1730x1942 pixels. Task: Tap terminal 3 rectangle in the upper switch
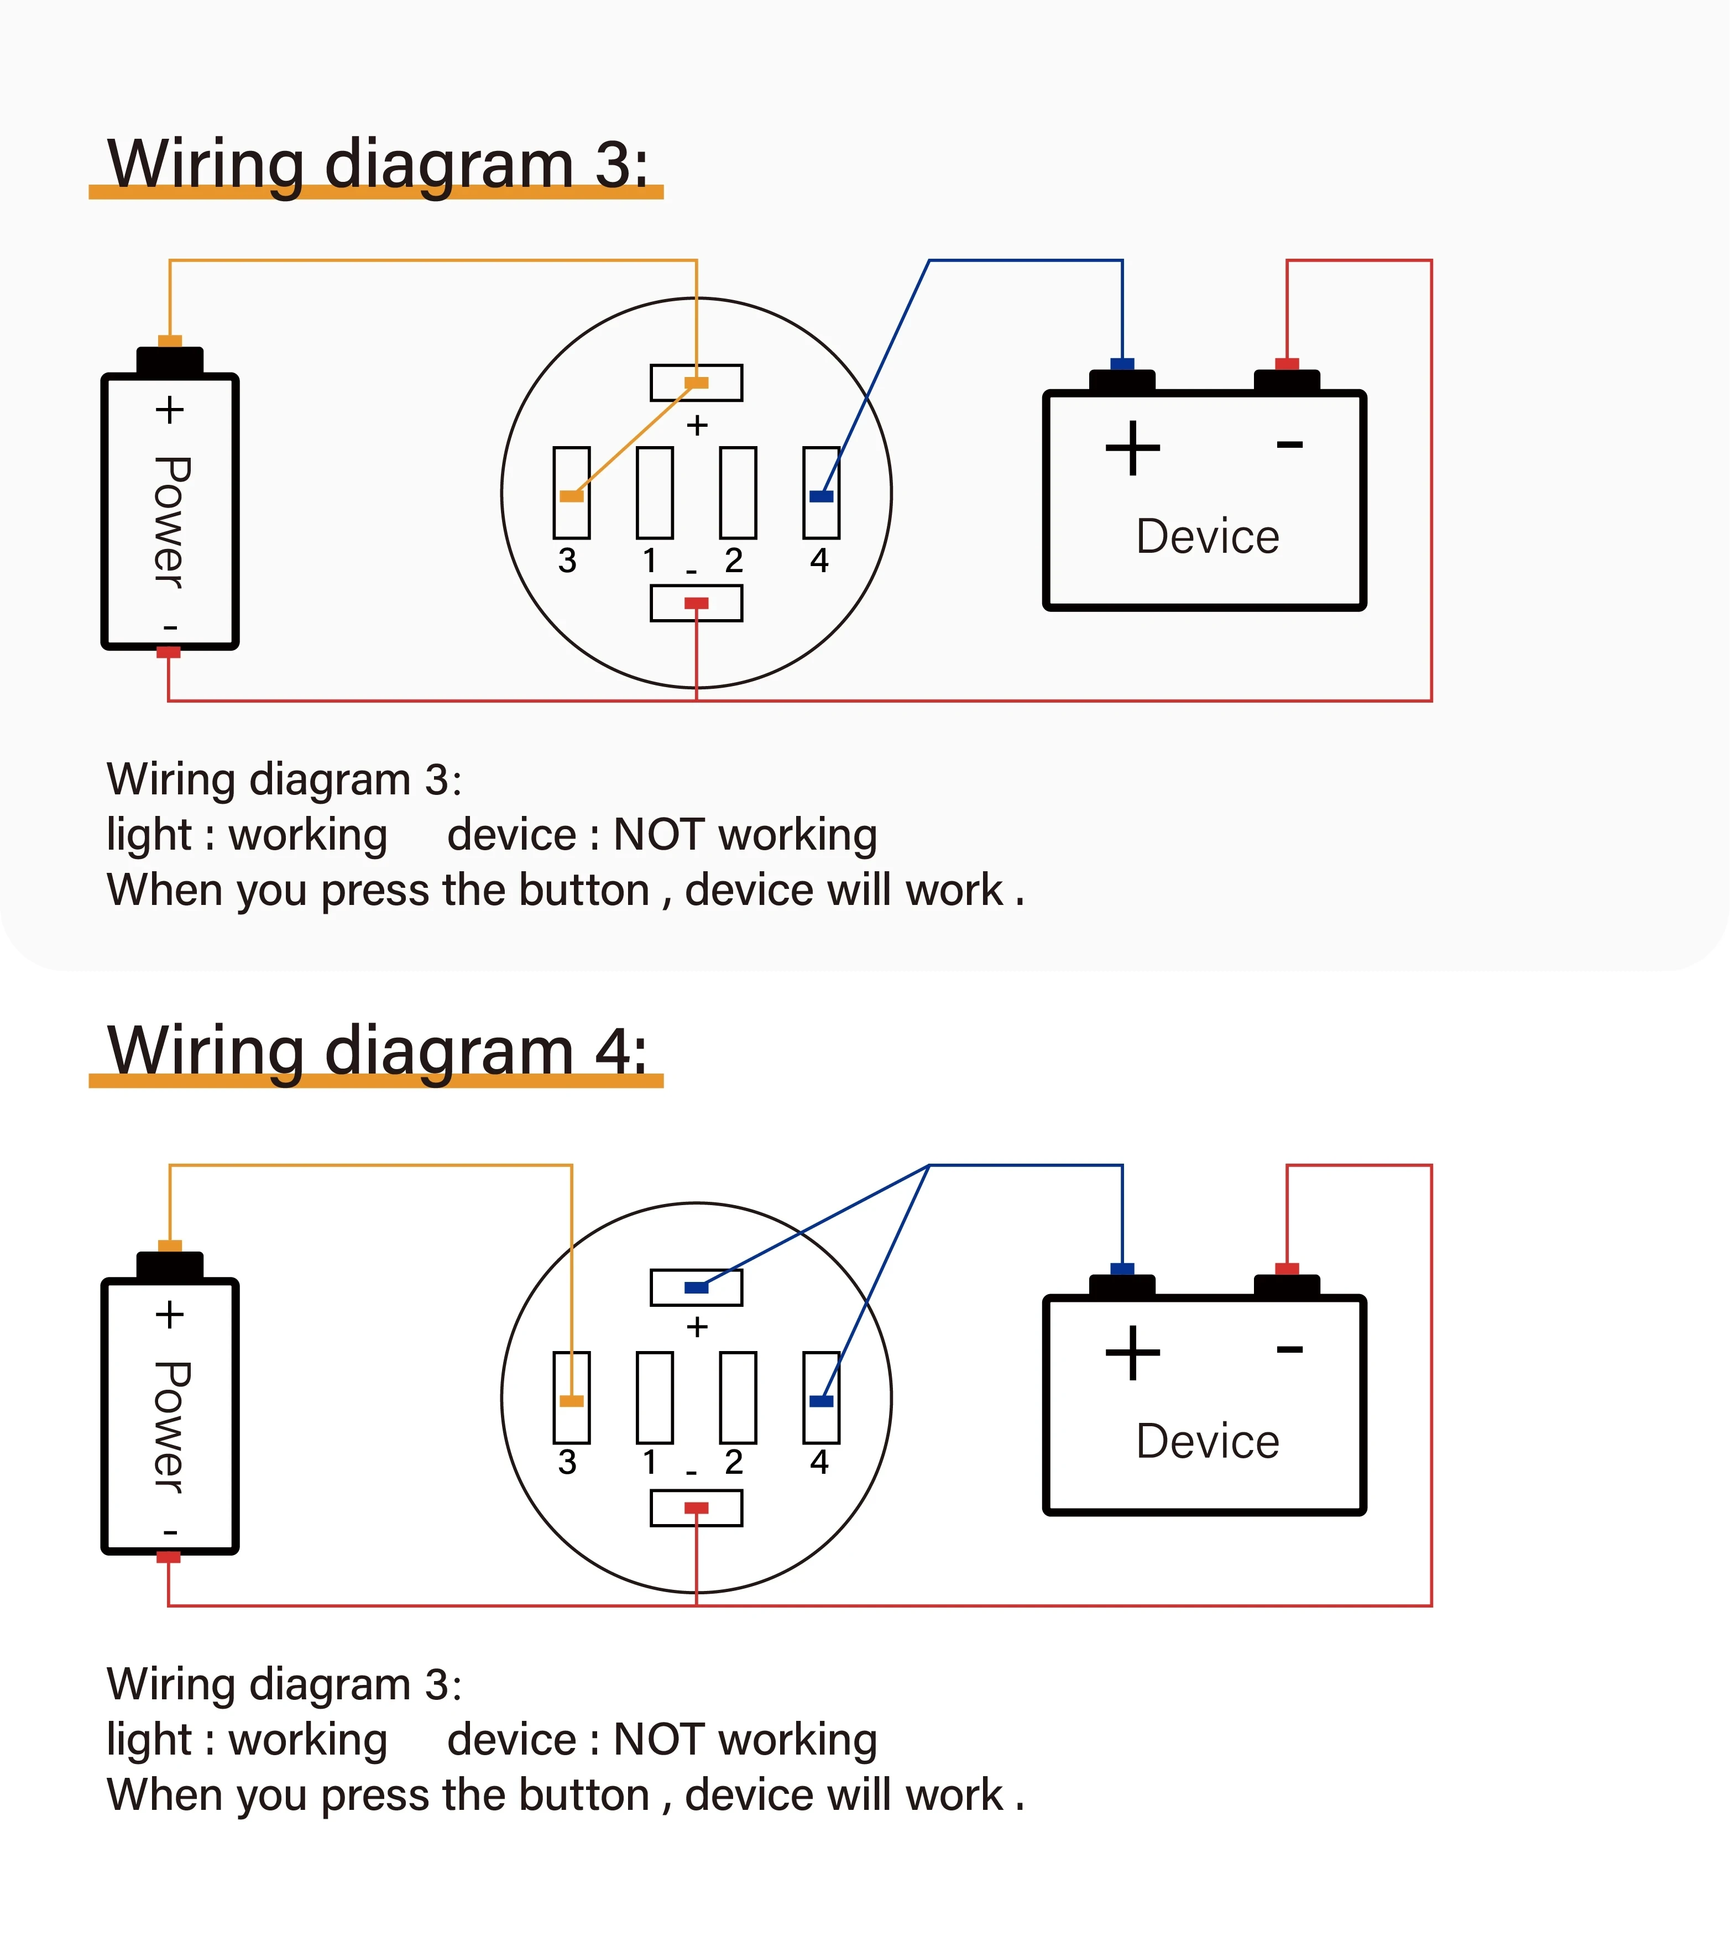[x=571, y=493]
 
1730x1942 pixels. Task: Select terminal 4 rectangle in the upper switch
[x=821, y=493]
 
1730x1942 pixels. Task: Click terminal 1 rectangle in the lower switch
[x=655, y=1397]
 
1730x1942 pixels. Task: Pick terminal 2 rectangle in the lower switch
[x=738, y=1397]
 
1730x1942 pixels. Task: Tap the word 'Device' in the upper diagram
[x=1207, y=537]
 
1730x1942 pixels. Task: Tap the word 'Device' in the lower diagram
[x=1207, y=1442]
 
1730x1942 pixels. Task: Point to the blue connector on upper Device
[x=1122, y=364]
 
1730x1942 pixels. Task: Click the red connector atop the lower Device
[x=1287, y=1269]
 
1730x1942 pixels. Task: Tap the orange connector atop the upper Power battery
[x=170, y=341]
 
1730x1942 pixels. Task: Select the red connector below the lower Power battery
[x=168, y=1557]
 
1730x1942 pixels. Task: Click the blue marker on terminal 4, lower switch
[x=821, y=1401]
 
